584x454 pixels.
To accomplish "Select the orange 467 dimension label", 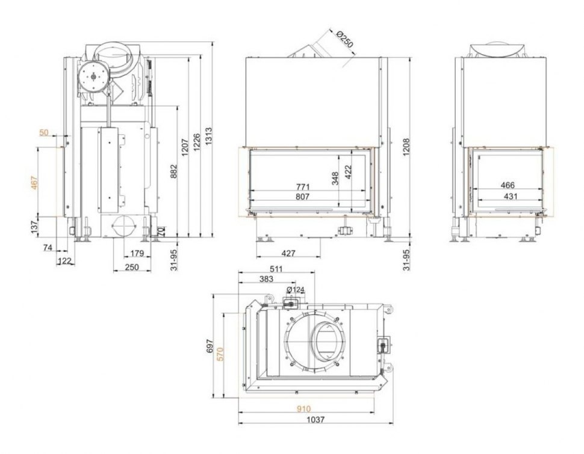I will (x=34, y=183).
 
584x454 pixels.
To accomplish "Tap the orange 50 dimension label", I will (x=43, y=132).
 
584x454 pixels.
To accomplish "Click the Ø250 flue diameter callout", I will (x=343, y=43).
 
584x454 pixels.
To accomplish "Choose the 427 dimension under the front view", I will (x=288, y=253).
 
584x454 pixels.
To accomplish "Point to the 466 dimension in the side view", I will (x=508, y=186).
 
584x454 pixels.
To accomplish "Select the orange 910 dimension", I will (x=303, y=409).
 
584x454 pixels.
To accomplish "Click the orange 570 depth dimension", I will (x=220, y=355).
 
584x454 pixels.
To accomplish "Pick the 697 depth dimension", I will (x=210, y=347).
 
